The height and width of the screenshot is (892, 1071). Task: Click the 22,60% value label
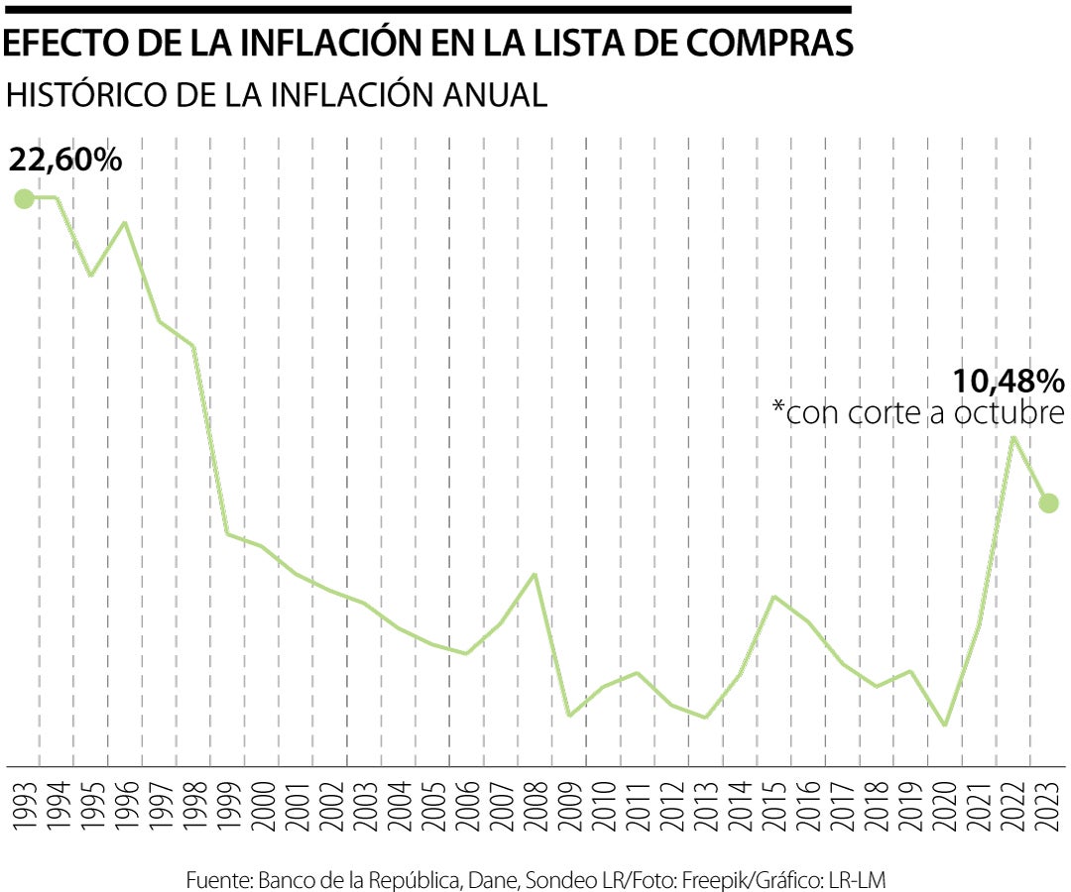pos(65,159)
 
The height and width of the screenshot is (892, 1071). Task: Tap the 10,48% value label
pos(1008,381)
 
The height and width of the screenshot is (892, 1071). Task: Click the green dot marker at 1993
pos(23,199)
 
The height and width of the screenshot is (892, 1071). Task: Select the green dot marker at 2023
pos(1049,502)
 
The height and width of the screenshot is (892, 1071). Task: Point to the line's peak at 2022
pos(1013,437)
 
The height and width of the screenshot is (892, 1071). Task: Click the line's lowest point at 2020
pos(945,725)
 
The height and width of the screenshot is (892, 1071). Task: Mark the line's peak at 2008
pos(535,574)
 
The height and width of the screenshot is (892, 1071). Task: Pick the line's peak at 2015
pos(773,597)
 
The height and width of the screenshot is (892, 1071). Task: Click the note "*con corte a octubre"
pos(918,413)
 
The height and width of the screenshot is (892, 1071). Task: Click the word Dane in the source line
pos(492,880)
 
